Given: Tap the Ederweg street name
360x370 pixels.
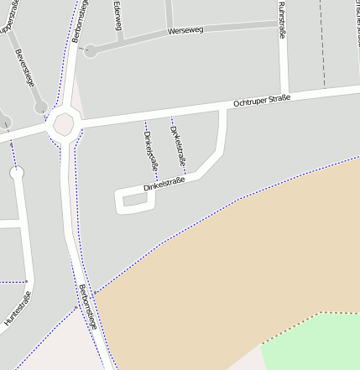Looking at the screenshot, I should tap(117, 16).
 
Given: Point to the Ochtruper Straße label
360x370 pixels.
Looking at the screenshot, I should tap(262, 101).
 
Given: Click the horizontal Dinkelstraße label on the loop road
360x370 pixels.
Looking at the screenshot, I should tap(163, 184).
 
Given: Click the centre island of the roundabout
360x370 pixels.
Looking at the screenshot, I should tap(64, 125).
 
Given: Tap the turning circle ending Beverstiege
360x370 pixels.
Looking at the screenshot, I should tap(40, 107).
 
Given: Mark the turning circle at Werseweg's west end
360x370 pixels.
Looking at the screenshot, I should tap(91, 51).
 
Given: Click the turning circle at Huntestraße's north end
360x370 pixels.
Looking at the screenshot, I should tap(17, 174).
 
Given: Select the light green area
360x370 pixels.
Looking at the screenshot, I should tap(319, 344).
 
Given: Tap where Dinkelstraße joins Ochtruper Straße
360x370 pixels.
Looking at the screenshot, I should tap(222, 110).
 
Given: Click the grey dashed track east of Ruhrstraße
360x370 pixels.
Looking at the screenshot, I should tap(323, 50).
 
